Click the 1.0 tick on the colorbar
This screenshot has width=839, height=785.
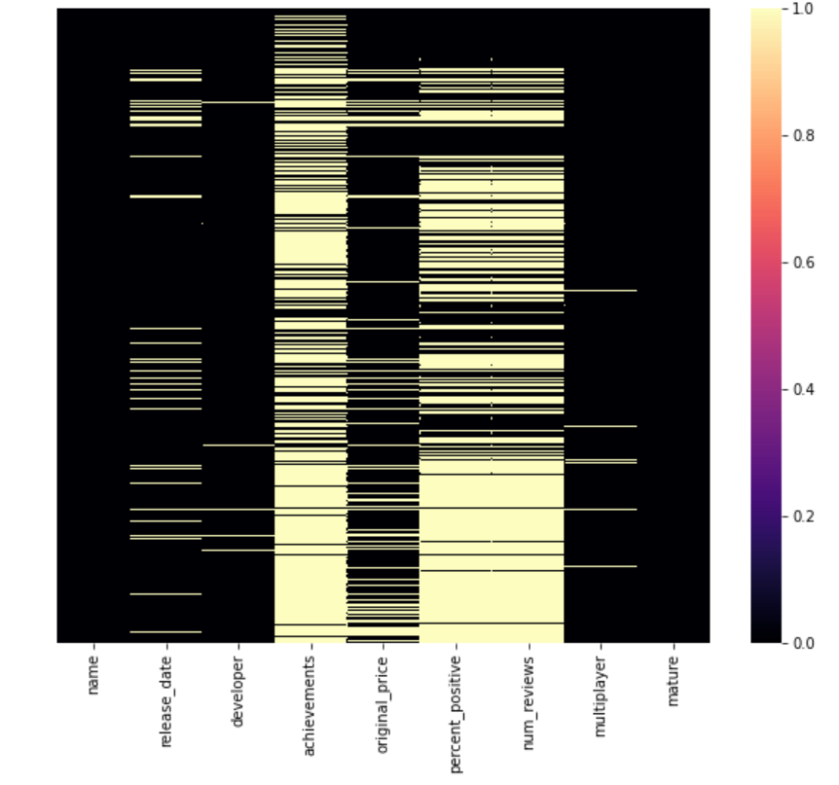coord(801,9)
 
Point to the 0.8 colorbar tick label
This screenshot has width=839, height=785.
coord(801,135)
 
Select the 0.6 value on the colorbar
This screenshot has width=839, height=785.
coord(801,263)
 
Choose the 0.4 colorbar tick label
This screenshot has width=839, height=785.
coord(801,389)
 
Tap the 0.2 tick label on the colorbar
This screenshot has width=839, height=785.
coord(801,516)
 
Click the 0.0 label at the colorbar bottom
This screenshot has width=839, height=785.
coord(801,643)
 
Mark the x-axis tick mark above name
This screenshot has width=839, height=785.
coord(93,646)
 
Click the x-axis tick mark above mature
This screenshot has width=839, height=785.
coord(674,646)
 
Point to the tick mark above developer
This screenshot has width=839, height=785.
coord(238,646)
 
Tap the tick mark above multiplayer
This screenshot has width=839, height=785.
coord(601,646)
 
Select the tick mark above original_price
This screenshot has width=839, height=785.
coord(383,646)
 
